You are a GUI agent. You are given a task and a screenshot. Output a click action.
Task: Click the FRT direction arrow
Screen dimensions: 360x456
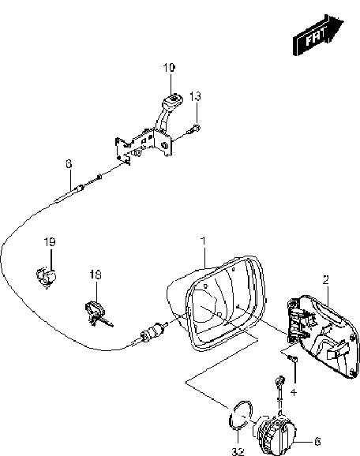click(318, 35)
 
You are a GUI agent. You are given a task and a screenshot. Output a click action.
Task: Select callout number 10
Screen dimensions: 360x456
click(169, 68)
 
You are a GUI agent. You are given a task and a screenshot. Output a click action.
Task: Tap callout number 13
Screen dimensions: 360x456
click(195, 95)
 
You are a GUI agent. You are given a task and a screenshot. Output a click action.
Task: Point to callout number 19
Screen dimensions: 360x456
click(50, 241)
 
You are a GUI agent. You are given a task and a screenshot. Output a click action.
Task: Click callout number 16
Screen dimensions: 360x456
click(96, 275)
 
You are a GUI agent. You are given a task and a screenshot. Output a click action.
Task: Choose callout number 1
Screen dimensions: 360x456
click(204, 241)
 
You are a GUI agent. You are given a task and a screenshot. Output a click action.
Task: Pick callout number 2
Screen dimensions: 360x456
click(326, 279)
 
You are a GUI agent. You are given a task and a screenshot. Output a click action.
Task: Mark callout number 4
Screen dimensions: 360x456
click(294, 392)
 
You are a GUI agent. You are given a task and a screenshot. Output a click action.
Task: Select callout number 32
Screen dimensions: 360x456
click(238, 451)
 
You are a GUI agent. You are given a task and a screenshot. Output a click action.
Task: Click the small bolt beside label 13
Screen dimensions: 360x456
click(193, 129)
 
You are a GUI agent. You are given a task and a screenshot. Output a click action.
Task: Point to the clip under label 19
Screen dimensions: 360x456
click(46, 278)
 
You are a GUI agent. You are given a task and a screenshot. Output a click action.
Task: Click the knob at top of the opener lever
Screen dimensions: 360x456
click(173, 100)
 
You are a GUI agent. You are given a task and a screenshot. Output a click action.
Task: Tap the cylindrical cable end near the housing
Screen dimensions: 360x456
click(152, 331)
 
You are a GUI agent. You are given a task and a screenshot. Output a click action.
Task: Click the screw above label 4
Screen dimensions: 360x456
click(292, 360)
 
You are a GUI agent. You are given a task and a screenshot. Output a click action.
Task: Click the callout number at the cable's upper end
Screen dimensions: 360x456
click(69, 164)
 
